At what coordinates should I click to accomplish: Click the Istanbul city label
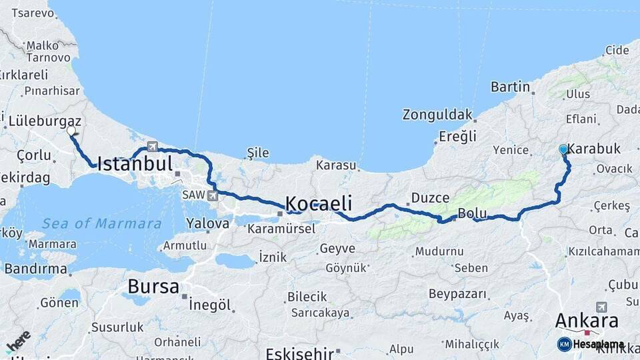click(x=135, y=163)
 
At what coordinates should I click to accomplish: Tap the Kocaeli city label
click(x=318, y=203)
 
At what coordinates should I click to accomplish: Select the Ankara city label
click(x=587, y=321)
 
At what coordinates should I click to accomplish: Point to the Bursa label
click(x=153, y=287)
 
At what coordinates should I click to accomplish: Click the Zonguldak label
click(x=437, y=115)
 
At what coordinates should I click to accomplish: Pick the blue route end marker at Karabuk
click(x=563, y=150)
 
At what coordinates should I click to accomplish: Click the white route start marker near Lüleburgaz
click(x=71, y=131)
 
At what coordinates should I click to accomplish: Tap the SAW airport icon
click(x=212, y=195)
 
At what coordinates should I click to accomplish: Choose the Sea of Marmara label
click(x=101, y=224)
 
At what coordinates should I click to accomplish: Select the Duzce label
click(x=430, y=198)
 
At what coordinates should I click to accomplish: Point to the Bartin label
click(x=510, y=87)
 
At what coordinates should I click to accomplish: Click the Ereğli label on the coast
click(x=457, y=137)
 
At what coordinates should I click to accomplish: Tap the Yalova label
click(x=207, y=223)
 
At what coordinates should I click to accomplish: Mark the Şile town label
click(x=258, y=153)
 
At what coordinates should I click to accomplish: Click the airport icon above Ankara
click(x=602, y=307)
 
